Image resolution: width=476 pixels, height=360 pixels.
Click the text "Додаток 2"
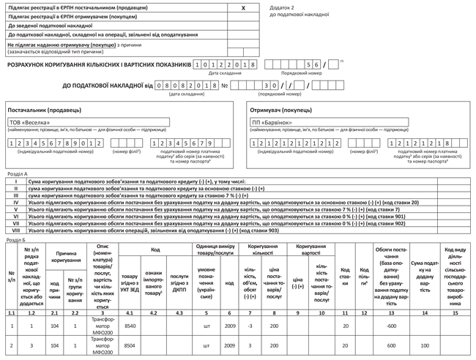point(283,7)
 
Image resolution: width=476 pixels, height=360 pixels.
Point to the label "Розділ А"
point(17,174)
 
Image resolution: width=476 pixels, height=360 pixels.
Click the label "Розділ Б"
point(17,239)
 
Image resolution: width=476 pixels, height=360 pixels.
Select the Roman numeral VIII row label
point(15,230)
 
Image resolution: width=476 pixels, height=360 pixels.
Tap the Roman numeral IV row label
point(15,202)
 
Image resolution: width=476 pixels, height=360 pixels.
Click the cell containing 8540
point(130,325)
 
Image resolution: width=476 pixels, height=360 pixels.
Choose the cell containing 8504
point(130,345)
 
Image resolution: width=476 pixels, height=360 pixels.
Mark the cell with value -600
point(391,325)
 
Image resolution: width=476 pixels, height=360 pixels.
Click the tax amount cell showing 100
point(425,345)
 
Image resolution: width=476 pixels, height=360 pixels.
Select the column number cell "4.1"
point(130,312)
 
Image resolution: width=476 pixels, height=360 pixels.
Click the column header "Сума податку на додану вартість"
point(425,276)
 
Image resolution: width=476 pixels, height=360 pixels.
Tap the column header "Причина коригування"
point(65,256)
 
